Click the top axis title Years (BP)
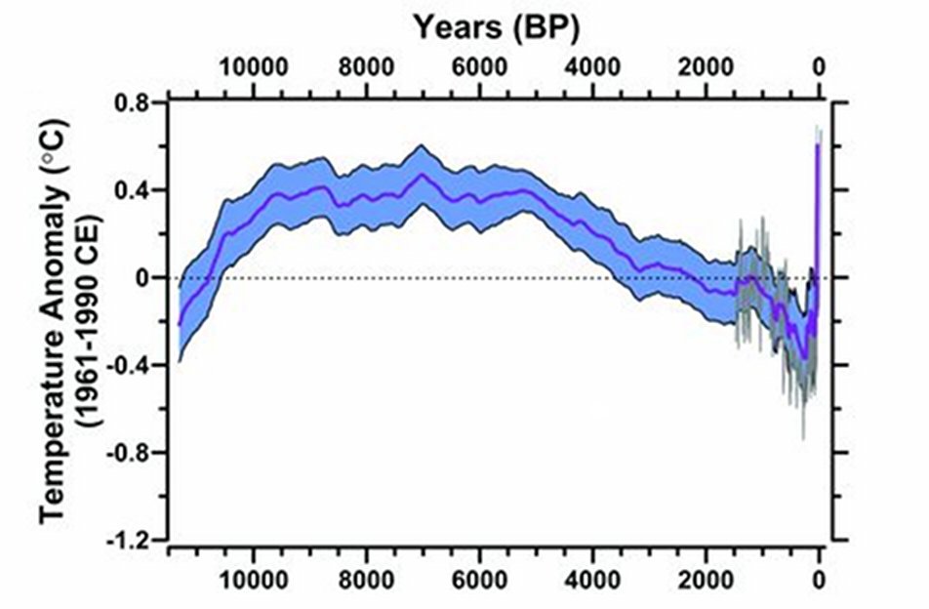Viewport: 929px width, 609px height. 497,27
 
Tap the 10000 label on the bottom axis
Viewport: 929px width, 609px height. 253,578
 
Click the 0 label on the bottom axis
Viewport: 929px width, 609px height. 819,578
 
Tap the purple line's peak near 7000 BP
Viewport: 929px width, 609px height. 422,175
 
